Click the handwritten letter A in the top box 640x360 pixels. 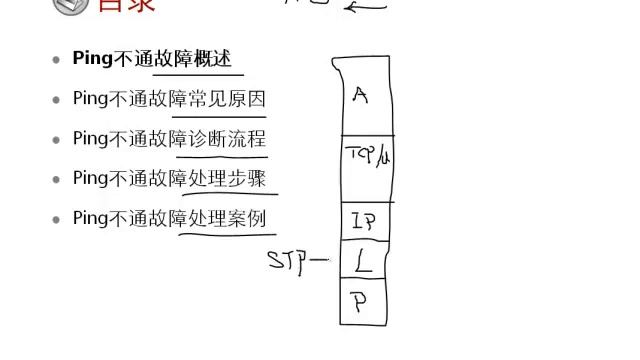[x=361, y=96]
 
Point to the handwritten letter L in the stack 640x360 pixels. [x=364, y=263]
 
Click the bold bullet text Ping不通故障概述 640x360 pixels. [x=157, y=59]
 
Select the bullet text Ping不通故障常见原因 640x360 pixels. [x=169, y=99]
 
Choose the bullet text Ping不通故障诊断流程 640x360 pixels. [x=169, y=139]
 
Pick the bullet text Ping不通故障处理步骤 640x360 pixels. [x=169, y=178]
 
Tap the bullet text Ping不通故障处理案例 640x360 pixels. [x=169, y=218]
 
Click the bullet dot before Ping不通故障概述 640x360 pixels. [x=57, y=60]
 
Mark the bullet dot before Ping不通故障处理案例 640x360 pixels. [x=57, y=219]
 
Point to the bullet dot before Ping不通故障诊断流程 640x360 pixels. [x=57, y=140]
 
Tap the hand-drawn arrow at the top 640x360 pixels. [x=365, y=7]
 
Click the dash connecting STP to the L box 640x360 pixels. [x=319, y=262]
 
